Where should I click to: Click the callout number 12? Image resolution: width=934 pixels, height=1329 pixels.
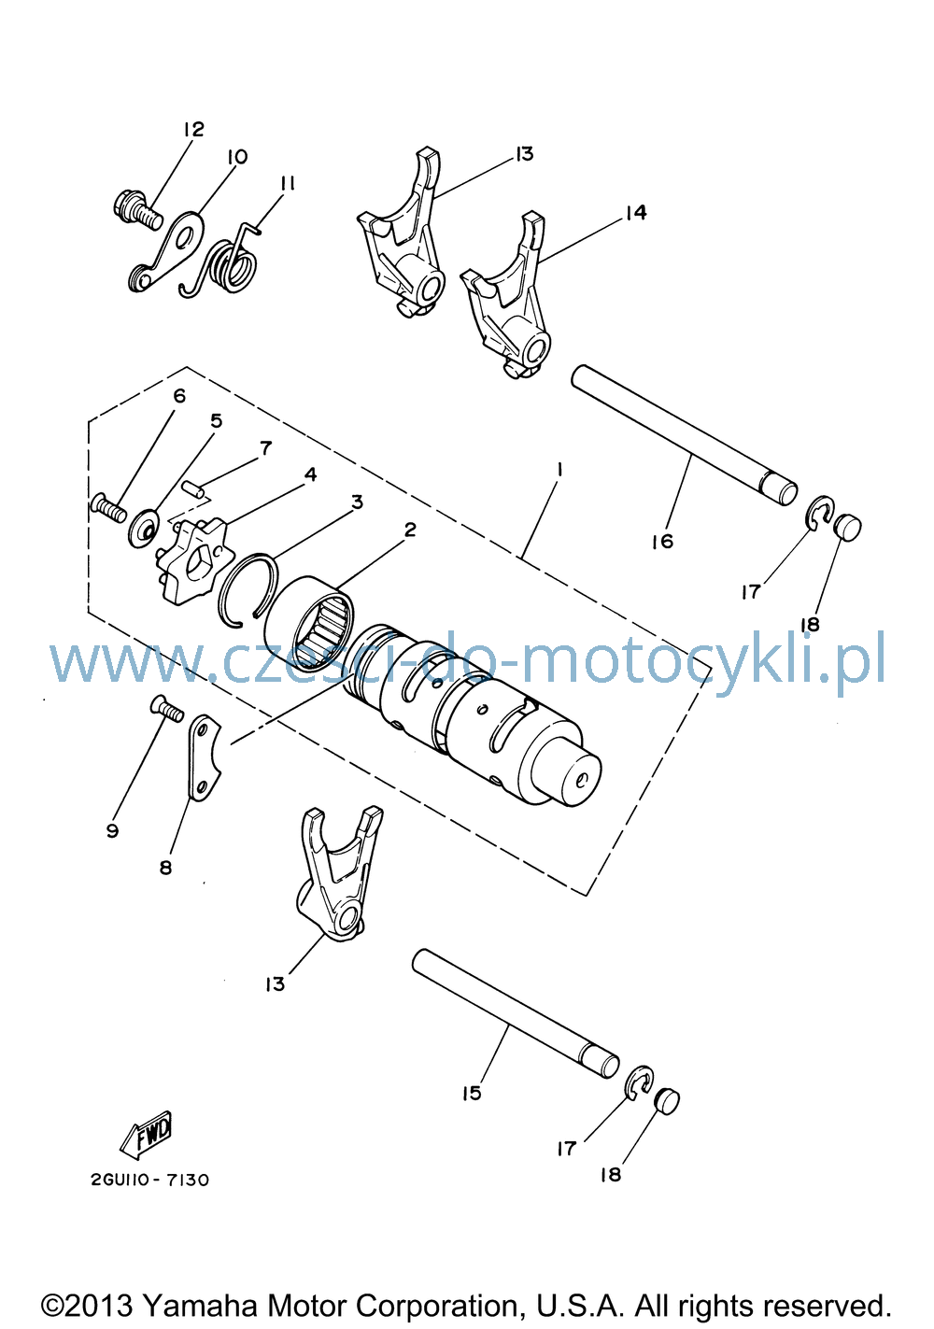pyautogui.click(x=193, y=129)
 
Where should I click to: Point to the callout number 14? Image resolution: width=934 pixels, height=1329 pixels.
pyautogui.click(x=635, y=212)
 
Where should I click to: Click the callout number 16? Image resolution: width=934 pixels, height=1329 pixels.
pyautogui.click(x=663, y=541)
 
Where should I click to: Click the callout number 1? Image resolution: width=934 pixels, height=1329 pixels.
pyautogui.click(x=559, y=470)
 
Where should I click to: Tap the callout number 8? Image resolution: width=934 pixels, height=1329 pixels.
pyautogui.click(x=165, y=868)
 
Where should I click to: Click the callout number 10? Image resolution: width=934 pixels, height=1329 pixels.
pyautogui.click(x=236, y=157)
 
